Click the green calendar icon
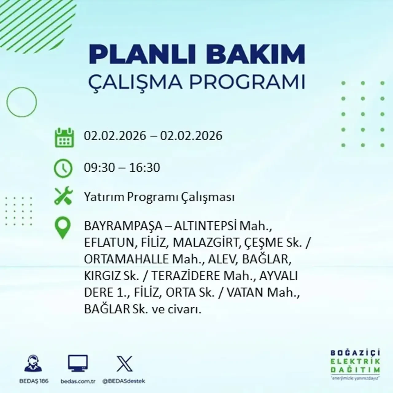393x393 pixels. [64, 138]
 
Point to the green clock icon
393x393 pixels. [63, 168]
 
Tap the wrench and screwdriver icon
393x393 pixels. [63, 196]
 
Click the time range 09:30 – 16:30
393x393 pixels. [122, 168]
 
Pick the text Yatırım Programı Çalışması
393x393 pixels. [159, 197]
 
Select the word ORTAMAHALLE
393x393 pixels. [126, 259]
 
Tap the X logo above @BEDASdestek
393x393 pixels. [124, 364]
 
